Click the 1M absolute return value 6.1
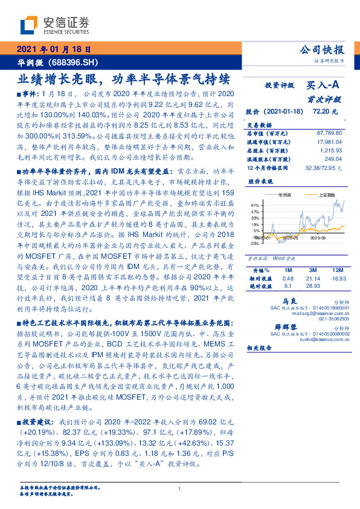288,285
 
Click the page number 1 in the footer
180,489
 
